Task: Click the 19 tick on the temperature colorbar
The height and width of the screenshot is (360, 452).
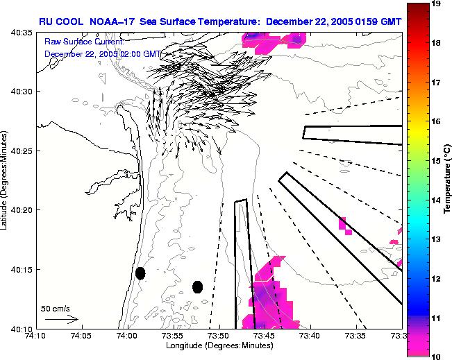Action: [x=437, y=3]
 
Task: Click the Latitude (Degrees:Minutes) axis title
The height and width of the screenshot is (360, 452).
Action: [x=5, y=180]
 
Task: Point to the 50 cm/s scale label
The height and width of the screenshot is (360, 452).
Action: [x=56, y=308]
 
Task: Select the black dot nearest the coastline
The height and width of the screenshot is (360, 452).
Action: [x=140, y=273]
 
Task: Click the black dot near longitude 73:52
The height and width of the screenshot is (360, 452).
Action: [x=198, y=286]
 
